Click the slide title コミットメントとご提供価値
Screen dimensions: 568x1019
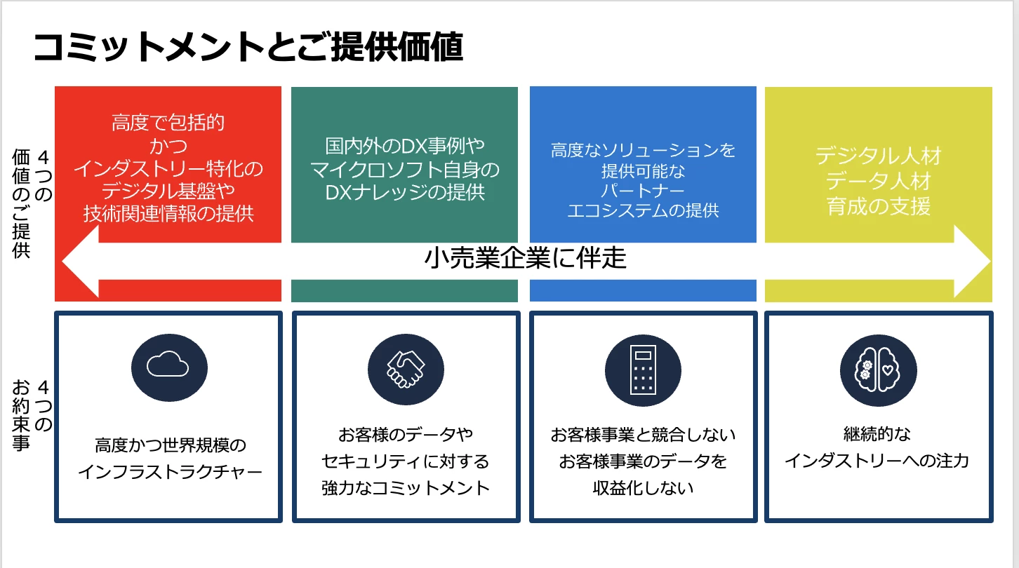click(248, 49)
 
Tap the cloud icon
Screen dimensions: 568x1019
click(169, 367)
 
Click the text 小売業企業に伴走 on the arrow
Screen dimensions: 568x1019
click(525, 259)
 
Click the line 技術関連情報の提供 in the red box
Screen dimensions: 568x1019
click(168, 214)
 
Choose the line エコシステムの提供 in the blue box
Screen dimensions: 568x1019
click(643, 210)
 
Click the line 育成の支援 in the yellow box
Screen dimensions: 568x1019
click(878, 207)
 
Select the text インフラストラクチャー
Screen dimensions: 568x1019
click(169, 471)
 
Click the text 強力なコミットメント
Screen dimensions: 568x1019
click(406, 487)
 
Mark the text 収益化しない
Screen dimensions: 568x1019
click(643, 487)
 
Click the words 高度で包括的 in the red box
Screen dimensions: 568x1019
click(168, 124)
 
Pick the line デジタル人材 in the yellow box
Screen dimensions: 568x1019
click(878, 156)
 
